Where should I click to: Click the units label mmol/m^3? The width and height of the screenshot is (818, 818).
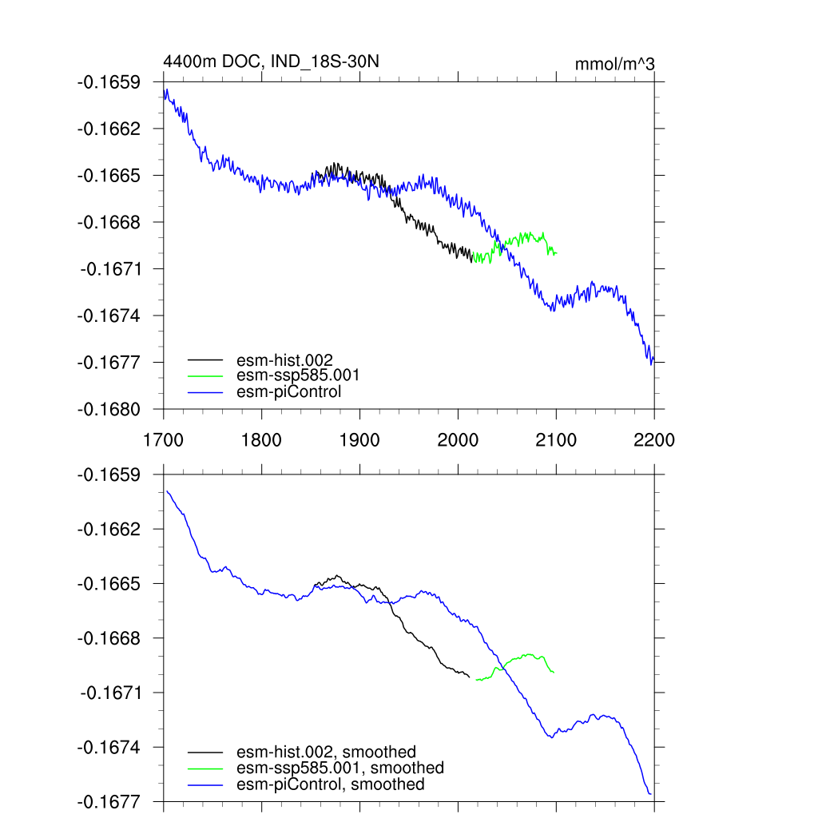615,64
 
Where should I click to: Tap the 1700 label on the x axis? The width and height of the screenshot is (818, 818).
163,439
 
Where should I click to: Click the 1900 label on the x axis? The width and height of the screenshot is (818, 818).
359,439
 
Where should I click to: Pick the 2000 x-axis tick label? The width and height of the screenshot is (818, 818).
458,439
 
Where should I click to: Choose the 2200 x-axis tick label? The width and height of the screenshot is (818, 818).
654,439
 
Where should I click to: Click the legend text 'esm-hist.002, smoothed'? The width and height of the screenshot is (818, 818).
327,752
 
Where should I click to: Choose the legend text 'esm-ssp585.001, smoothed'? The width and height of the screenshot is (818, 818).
340,768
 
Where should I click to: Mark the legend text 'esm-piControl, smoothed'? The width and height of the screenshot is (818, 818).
331,784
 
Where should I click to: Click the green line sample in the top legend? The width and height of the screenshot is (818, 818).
205,375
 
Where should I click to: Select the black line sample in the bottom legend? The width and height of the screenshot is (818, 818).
205,752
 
